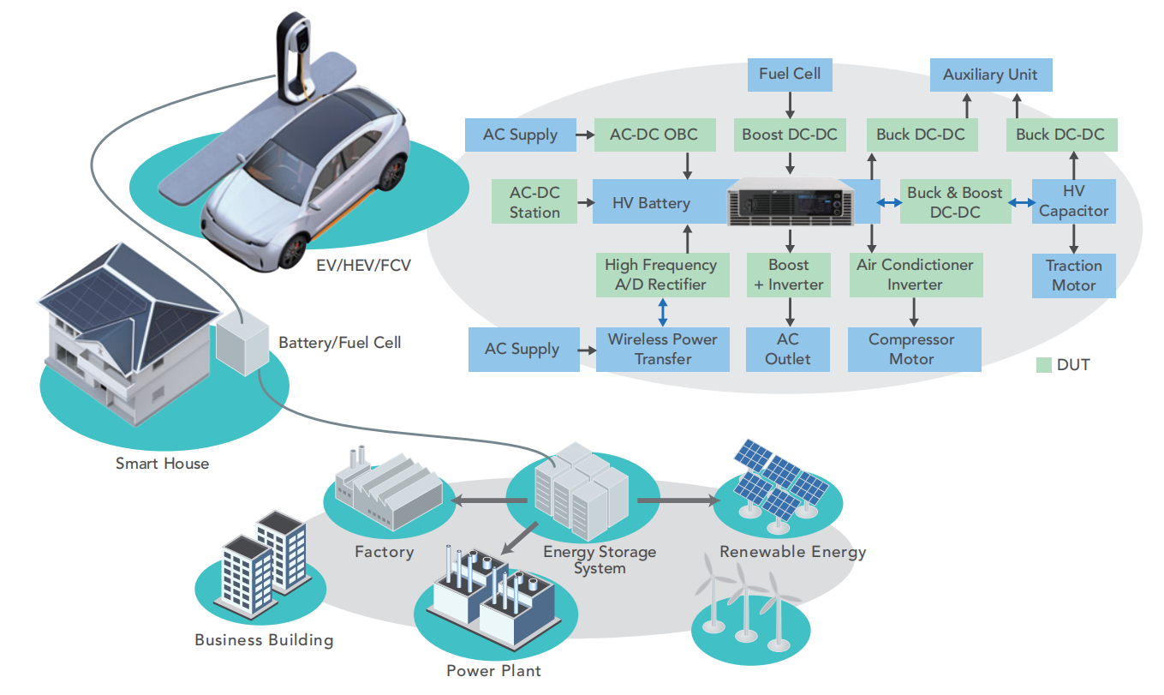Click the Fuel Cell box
(790, 74)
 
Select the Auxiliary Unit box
(990, 75)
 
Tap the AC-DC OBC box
(654, 135)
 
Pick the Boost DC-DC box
(791, 135)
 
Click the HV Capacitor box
(1073, 201)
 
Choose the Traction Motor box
(1073, 275)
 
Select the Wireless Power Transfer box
(662, 349)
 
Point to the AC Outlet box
(787, 349)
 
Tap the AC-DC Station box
(534, 202)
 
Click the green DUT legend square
(1043, 365)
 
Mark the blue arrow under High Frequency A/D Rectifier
(662, 311)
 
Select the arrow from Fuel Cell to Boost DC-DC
(790, 104)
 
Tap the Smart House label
(163, 464)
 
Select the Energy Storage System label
(600, 560)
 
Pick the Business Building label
(264, 640)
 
